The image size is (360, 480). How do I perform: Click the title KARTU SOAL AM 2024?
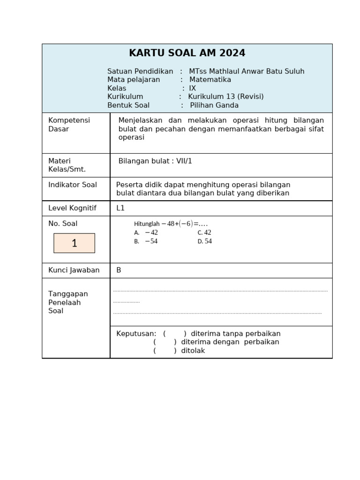pyautogui.click(x=187, y=53)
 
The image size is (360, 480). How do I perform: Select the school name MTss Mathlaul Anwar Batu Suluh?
pyautogui.click(x=247, y=71)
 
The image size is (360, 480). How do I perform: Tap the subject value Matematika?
pyautogui.click(x=210, y=80)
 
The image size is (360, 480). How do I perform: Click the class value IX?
pyautogui.click(x=192, y=88)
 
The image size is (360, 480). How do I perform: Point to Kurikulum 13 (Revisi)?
pyautogui.click(x=225, y=97)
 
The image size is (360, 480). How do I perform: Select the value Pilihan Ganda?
pyautogui.click(x=214, y=105)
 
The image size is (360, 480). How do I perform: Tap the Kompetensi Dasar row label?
pyautogui.click(x=69, y=124)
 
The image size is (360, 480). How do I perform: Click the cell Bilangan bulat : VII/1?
pyautogui.click(x=155, y=161)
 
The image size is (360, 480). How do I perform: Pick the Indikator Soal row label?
pyautogui.click(x=73, y=185)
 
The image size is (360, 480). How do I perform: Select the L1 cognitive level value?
pyautogui.click(x=120, y=208)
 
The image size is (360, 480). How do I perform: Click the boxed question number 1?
pyautogui.click(x=74, y=243)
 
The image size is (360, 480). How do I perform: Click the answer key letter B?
pyautogui.click(x=119, y=270)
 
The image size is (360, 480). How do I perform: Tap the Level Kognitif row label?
pyautogui.click(x=72, y=208)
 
